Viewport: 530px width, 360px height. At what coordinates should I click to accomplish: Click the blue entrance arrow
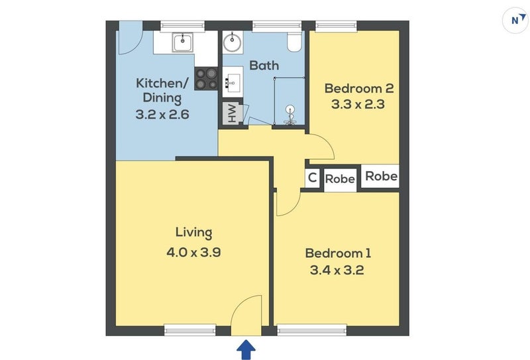pos(246,349)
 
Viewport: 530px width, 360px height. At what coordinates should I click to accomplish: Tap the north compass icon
pos(515,21)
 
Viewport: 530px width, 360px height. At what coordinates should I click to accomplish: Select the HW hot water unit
pos(233,113)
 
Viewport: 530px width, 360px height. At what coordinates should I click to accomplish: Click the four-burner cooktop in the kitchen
pos(206,78)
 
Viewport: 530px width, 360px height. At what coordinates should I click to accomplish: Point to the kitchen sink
pos(183,42)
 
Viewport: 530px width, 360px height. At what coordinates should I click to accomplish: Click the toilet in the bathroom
pos(294,42)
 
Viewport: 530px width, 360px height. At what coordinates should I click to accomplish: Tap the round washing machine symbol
pos(233,42)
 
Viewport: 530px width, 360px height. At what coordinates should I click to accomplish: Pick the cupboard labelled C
pos(312,177)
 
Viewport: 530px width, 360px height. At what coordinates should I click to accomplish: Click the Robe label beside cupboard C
pos(340,178)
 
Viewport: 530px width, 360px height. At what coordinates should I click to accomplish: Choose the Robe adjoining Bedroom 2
pos(380,176)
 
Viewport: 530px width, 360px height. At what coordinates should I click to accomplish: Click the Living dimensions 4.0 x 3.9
pos(193,252)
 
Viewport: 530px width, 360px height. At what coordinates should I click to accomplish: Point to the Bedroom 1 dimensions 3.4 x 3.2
pos(337,270)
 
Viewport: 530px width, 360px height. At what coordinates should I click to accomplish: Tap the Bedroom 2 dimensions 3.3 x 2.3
pos(358,104)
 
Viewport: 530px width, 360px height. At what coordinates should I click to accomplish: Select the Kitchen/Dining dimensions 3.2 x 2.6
pos(162,114)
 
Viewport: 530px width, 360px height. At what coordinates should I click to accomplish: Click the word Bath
pos(264,65)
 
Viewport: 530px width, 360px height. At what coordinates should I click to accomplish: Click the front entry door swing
pos(246,315)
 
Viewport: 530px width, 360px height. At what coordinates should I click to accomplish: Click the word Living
pos(193,233)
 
